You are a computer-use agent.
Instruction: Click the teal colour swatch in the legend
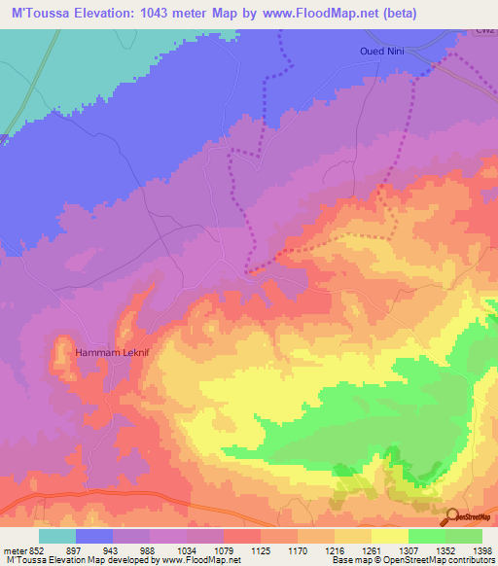pyautogui.click(x=57, y=537)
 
